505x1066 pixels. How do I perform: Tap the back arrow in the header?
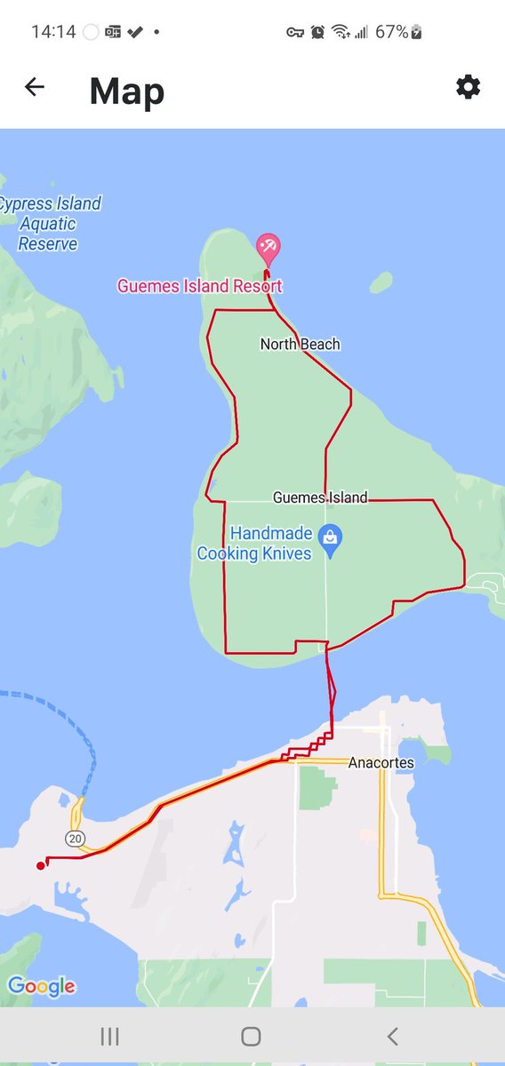35,87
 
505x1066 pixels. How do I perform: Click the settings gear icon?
468,86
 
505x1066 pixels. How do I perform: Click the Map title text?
127,91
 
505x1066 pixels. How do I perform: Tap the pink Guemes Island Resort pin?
268,247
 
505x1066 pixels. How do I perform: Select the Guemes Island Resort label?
200,286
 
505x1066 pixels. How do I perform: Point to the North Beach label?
300,344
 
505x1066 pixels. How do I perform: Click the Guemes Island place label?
320,497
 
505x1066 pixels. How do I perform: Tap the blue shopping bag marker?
331,538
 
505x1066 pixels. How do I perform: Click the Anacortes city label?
381,762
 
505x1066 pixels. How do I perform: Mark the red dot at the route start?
40,865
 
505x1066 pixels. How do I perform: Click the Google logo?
41,986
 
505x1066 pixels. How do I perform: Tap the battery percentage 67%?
391,32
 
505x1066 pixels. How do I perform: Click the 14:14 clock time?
53,32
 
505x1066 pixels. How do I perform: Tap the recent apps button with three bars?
110,1036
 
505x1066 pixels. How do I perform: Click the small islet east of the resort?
381,282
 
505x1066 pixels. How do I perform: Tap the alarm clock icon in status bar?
317,32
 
